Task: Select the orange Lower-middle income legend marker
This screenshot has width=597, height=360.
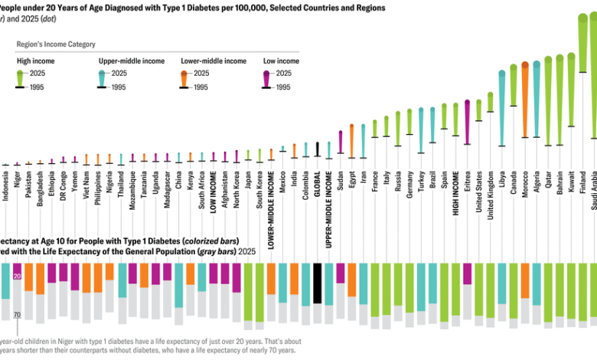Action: point(184,76)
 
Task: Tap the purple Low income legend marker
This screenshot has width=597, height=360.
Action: point(266,76)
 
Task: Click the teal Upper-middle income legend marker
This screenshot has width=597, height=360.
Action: point(103,76)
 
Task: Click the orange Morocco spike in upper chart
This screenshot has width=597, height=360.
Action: point(524,100)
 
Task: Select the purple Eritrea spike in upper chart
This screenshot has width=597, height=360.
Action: point(467,119)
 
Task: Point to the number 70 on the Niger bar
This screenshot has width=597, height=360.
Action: point(17,314)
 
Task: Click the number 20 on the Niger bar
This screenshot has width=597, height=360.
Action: point(17,276)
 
